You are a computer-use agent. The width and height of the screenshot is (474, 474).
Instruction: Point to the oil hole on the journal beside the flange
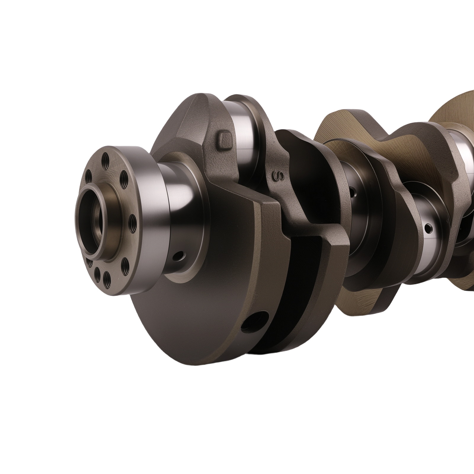pos(179,256)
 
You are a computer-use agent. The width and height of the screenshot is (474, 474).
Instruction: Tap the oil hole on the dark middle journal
pos(353,191)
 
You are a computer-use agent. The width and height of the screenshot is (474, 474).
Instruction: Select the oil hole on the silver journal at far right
pos(428,228)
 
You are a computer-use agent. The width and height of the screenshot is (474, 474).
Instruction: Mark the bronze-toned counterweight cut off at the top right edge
pos(456,110)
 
